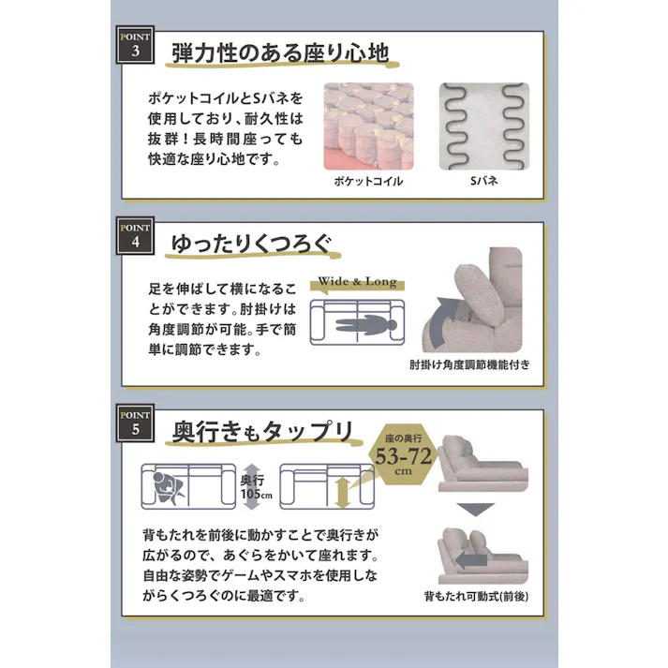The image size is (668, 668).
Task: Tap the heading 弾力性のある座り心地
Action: (x=280, y=52)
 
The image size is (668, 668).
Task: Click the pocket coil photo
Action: (x=368, y=126)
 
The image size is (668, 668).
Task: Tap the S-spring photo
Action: (x=483, y=126)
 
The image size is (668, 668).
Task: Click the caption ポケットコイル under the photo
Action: (x=368, y=181)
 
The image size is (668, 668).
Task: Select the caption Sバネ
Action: (x=483, y=181)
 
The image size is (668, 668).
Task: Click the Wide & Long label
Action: (x=357, y=282)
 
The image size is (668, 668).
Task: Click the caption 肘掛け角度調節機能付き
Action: (x=468, y=364)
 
